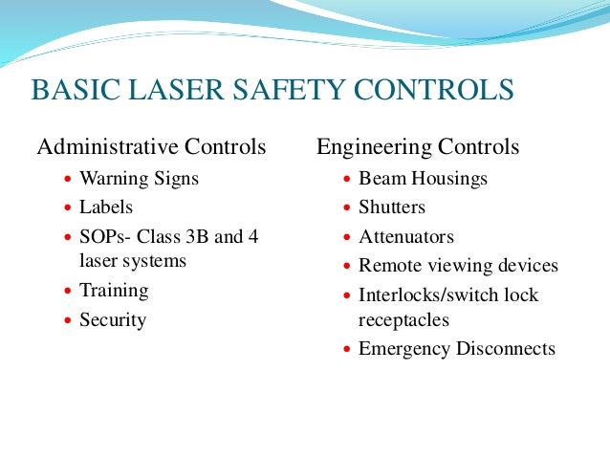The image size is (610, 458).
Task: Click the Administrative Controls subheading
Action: [151, 147]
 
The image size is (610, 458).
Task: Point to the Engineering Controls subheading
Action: [418, 147]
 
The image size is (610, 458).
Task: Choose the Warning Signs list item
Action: [140, 178]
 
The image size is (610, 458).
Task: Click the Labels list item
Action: [106, 207]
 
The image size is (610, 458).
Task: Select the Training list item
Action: [114, 290]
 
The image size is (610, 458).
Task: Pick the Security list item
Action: [113, 319]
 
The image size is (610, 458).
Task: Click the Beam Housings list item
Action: [423, 178]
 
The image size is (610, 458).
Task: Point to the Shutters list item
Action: [392, 207]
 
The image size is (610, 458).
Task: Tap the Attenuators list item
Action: [406, 236]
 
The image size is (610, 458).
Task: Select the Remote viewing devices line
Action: [458, 266]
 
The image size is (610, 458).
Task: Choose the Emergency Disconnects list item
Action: [456, 349]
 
